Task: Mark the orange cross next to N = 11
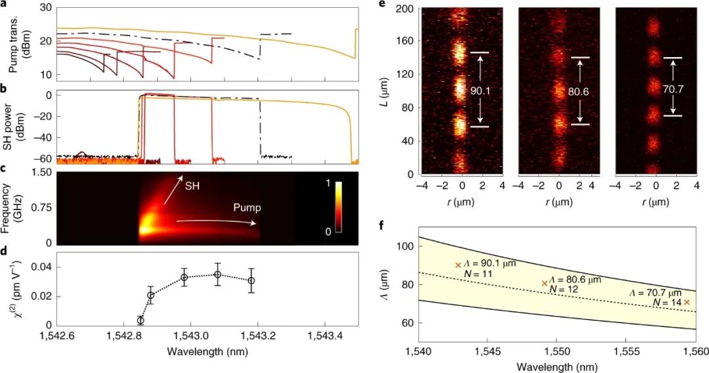458,265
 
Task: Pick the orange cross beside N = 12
544,284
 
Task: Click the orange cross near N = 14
687,302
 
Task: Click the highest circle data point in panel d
218,274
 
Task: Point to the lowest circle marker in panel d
140,320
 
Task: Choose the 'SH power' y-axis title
16,127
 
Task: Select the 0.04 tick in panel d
40,266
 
